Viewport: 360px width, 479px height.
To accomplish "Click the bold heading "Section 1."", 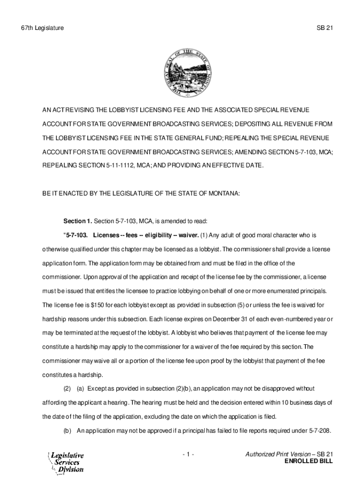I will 78,220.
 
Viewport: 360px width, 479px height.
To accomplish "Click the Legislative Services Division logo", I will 66,462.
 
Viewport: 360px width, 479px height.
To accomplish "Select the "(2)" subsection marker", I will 67,389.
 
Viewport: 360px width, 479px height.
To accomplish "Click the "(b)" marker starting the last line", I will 67,431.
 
